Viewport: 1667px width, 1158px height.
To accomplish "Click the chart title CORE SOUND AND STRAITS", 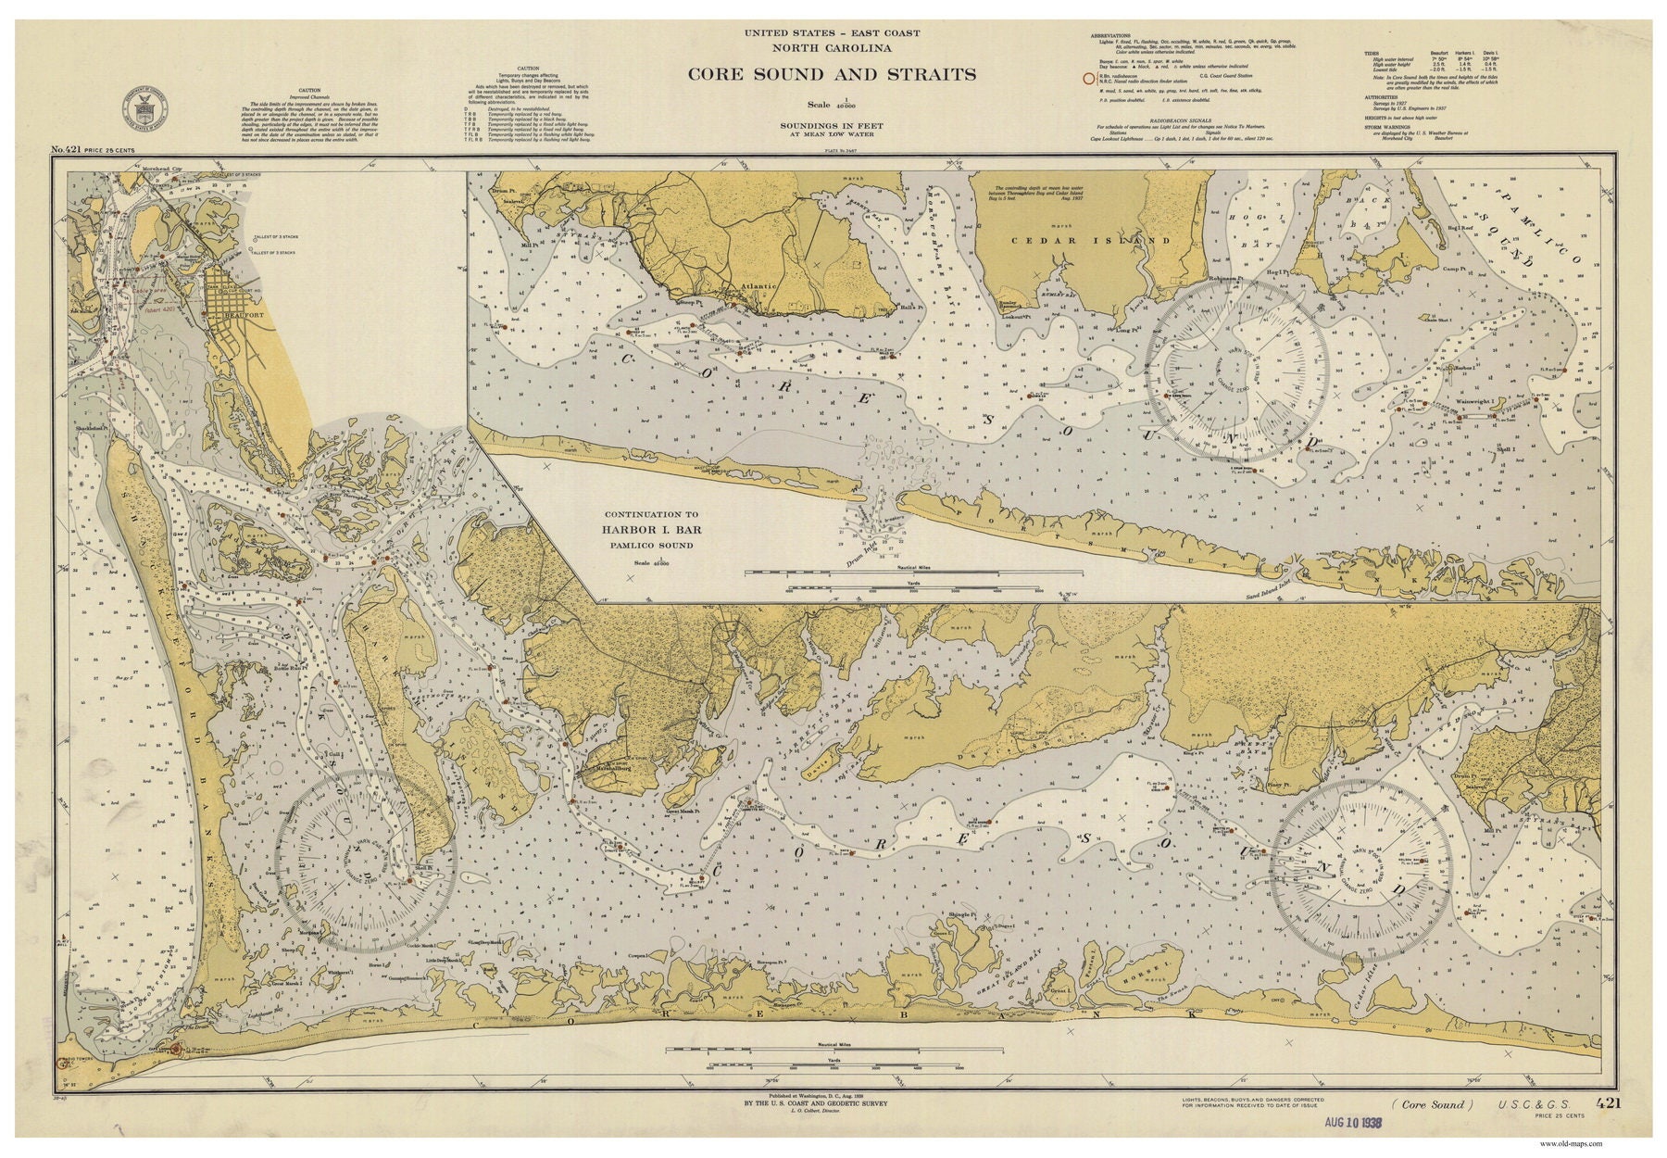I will coord(831,74).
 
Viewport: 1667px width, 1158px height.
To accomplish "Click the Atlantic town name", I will coord(758,287).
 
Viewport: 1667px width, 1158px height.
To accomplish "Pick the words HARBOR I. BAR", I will coord(652,530).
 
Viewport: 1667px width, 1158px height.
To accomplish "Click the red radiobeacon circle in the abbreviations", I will coord(1090,80).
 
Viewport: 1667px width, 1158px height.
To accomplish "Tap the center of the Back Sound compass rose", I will coord(365,862).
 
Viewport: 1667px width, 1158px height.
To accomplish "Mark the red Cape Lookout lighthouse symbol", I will coord(175,1049).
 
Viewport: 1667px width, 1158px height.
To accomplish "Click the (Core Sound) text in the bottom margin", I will coord(1432,1103).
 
